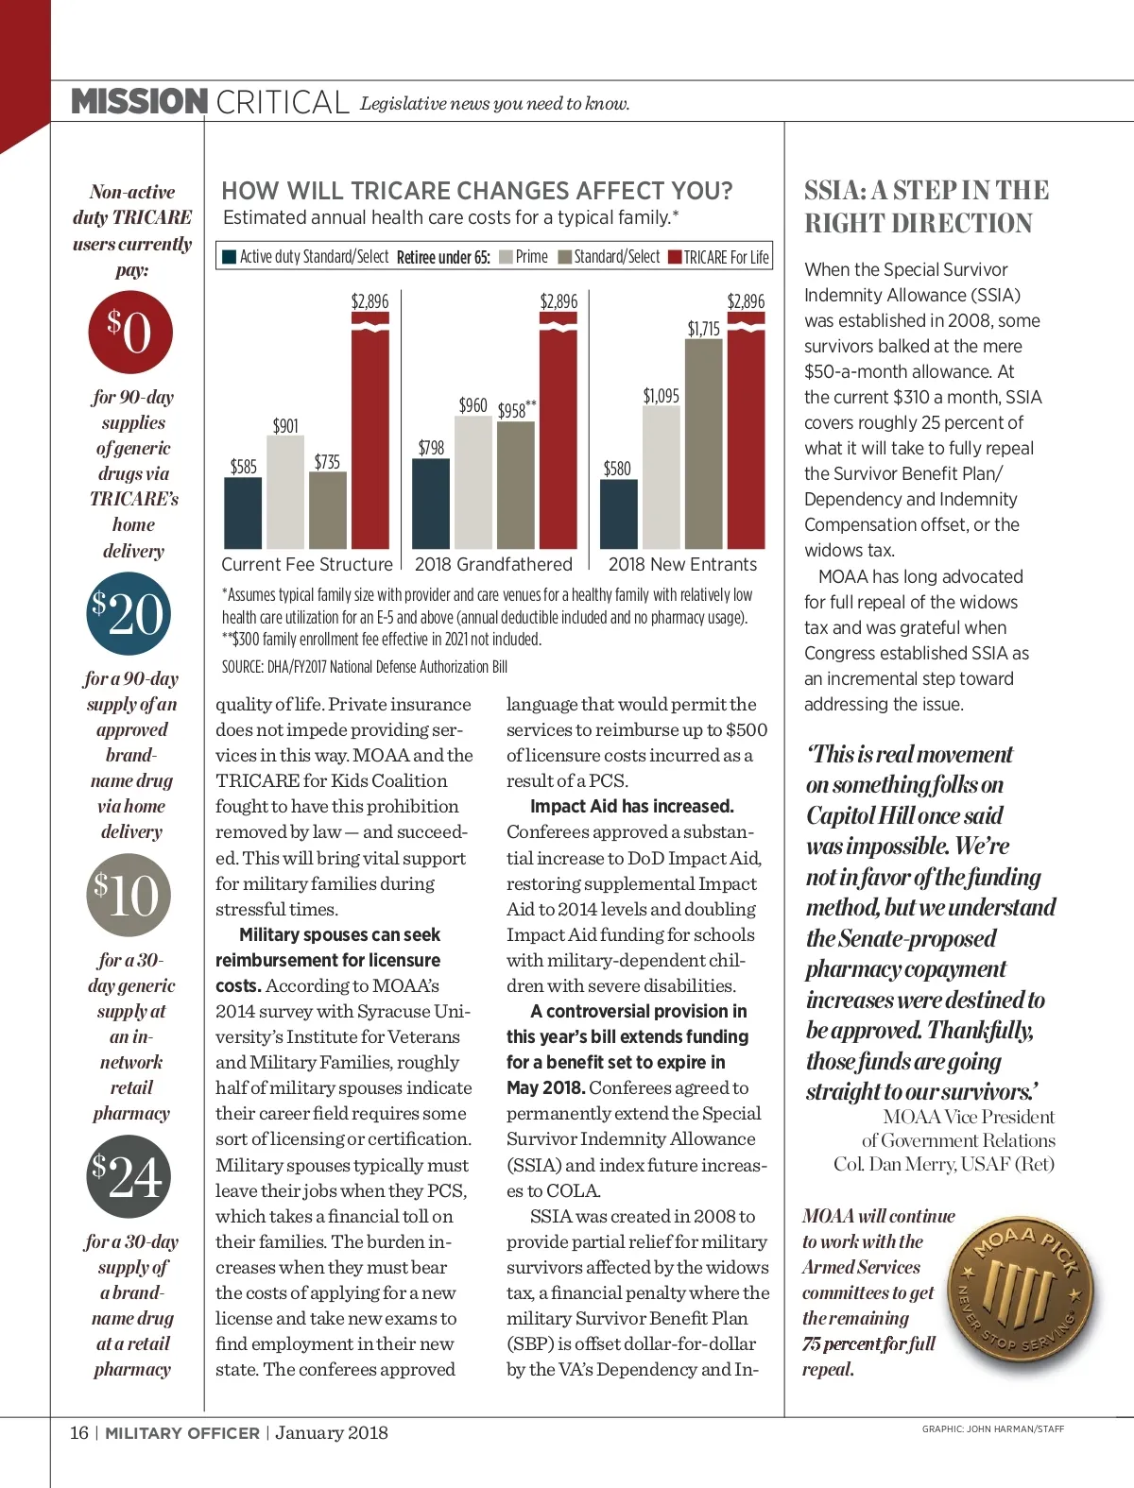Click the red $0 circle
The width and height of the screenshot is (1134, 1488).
130,332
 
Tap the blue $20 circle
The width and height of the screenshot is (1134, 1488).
129,614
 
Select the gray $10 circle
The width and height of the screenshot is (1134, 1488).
129,895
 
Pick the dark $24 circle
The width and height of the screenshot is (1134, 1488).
129,1176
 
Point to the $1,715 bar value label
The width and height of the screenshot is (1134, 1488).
703,329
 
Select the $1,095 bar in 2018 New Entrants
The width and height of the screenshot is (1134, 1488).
661,477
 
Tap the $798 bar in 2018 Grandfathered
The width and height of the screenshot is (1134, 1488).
431,503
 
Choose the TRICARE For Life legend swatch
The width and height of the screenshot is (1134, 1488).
675,257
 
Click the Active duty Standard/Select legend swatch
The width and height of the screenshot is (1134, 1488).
229,257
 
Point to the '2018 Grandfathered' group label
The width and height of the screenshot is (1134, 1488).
493,564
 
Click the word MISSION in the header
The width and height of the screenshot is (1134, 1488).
140,101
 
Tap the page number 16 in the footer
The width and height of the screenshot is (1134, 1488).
78,1432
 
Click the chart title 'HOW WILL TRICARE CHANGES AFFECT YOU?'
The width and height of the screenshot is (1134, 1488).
477,191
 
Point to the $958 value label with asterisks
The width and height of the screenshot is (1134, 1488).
516,410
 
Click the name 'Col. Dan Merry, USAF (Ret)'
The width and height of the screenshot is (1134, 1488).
943,1164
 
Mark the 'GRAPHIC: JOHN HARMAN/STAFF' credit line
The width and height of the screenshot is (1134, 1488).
992,1429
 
